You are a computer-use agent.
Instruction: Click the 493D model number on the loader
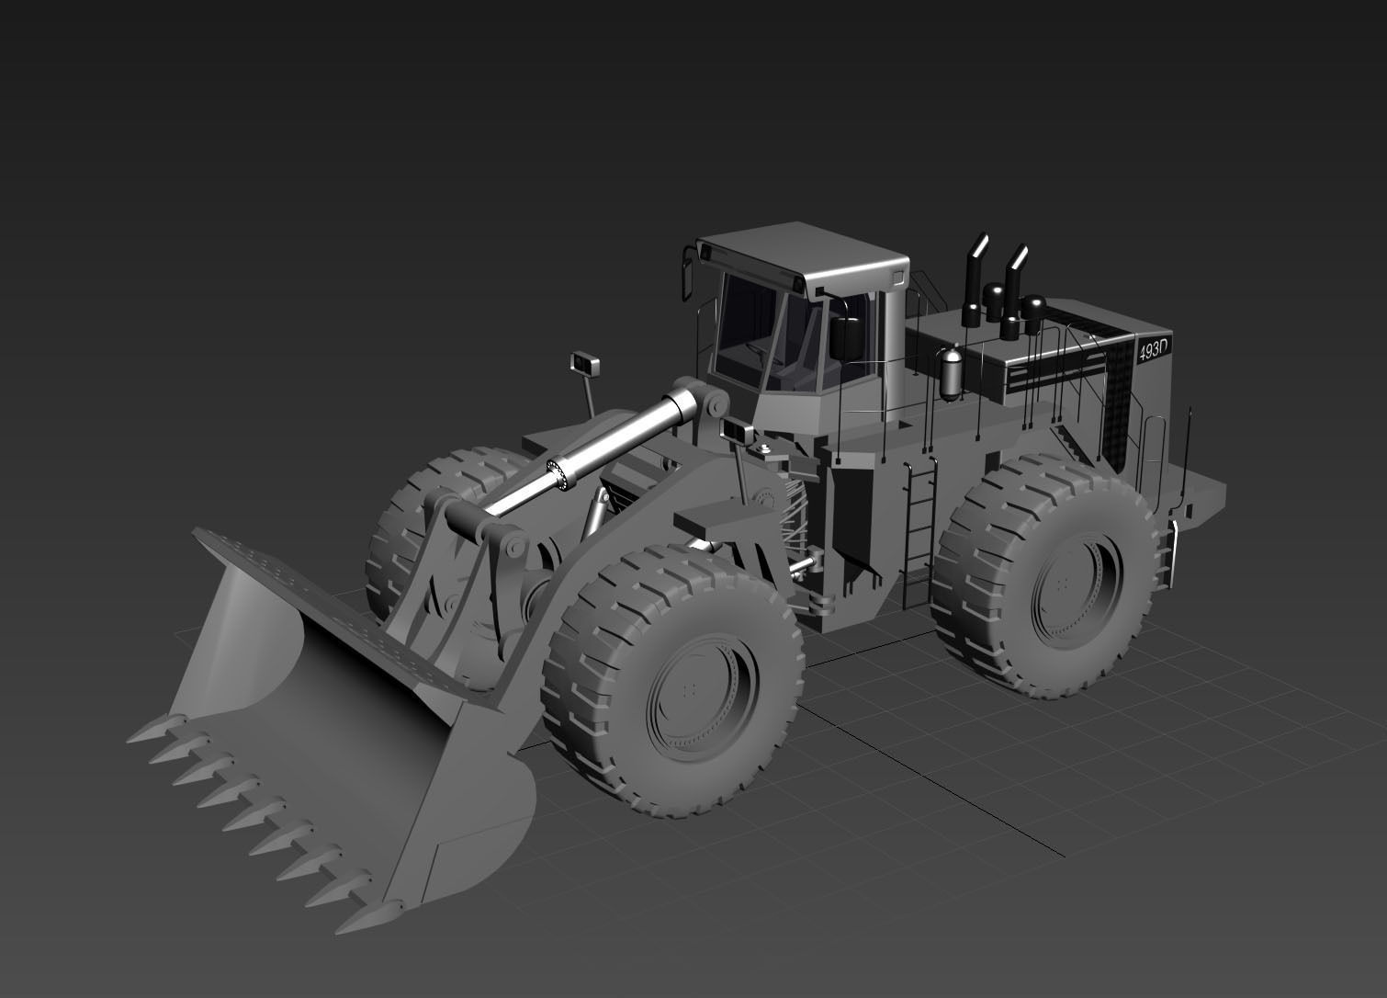[1153, 350]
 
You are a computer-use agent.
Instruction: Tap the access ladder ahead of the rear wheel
[919, 533]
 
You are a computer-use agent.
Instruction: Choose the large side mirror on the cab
[845, 337]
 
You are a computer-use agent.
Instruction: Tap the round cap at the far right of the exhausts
[1033, 304]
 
